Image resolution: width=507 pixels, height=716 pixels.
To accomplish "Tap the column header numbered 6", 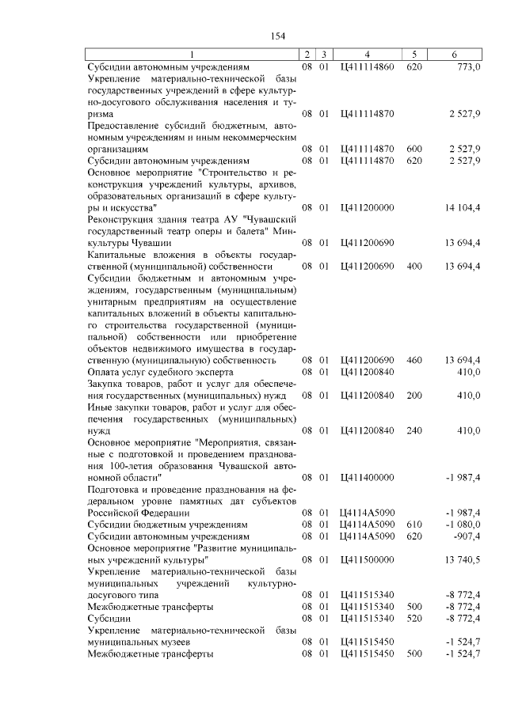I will [x=454, y=54].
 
